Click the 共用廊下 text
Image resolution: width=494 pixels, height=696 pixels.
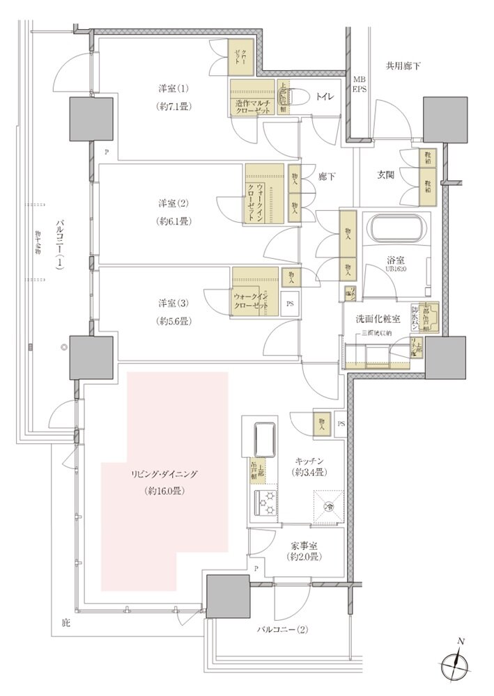click(404, 66)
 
